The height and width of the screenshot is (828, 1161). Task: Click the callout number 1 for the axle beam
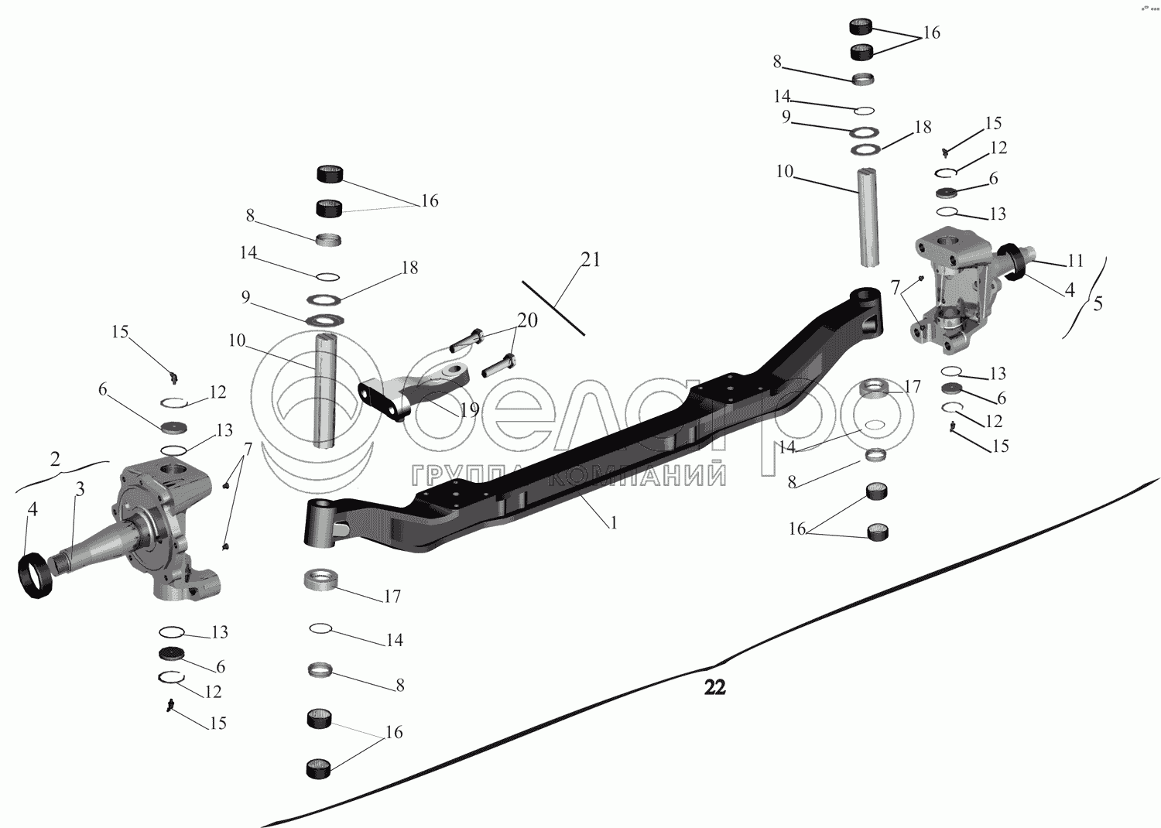[614, 523]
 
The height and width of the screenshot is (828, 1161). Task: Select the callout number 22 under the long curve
[714, 687]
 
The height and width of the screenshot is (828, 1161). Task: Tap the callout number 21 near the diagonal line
[591, 260]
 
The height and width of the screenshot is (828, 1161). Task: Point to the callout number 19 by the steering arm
[469, 410]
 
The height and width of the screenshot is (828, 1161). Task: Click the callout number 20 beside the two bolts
[527, 320]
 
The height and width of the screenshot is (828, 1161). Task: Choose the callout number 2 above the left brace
[55, 458]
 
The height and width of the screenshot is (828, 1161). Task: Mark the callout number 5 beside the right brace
[1098, 303]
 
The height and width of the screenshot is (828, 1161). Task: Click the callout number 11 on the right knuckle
[1075, 261]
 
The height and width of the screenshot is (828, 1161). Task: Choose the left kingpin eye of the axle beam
[320, 523]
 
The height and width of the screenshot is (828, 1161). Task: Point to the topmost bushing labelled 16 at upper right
[861, 26]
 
